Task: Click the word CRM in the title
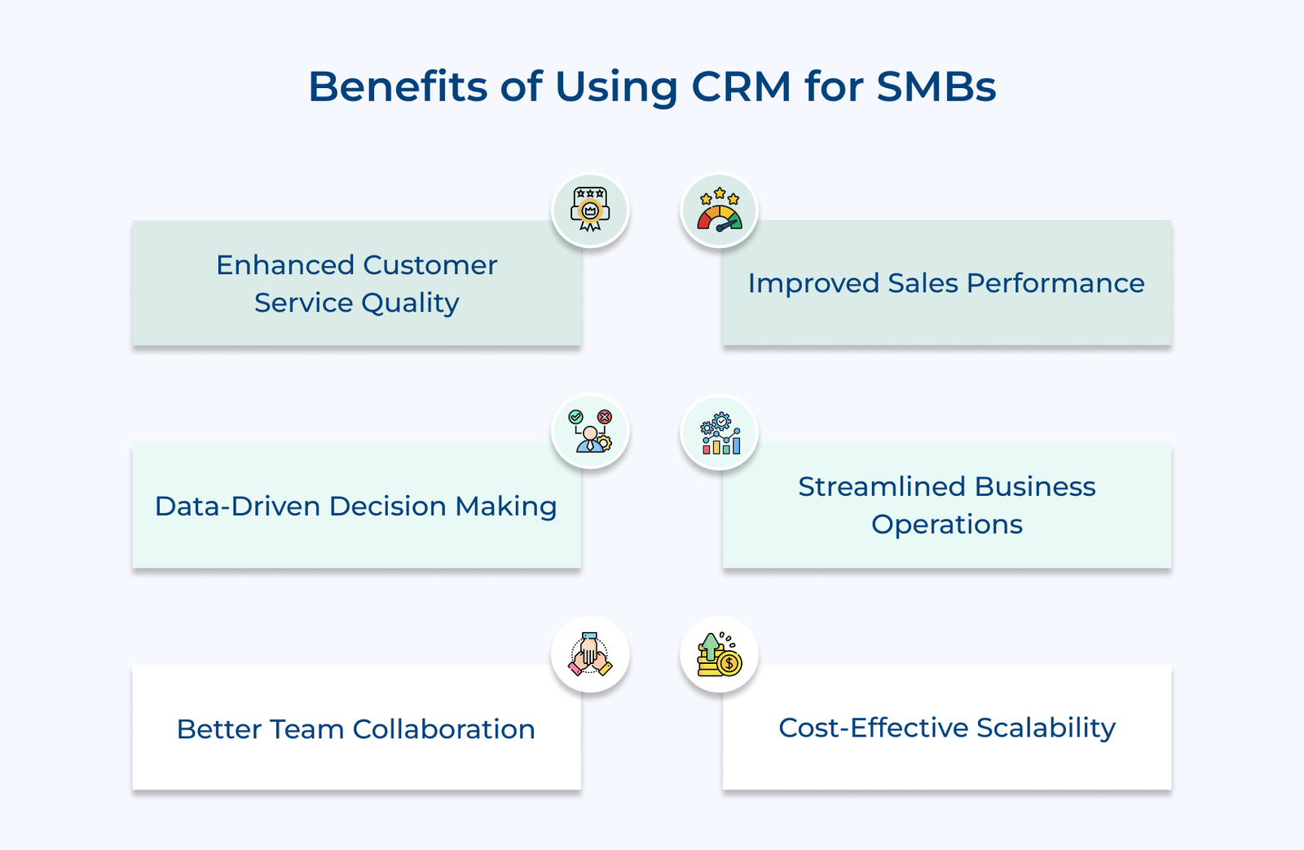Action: [741, 86]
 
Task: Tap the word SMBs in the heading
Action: [936, 86]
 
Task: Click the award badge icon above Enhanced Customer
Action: [590, 210]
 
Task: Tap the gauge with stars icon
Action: [719, 210]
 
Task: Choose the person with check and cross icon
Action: [590, 432]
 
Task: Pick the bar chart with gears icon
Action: [720, 433]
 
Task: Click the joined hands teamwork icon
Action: [590, 654]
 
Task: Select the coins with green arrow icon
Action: [719, 654]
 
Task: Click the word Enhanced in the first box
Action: [285, 265]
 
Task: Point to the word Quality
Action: [410, 303]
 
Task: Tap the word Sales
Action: [923, 283]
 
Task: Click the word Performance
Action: [1055, 283]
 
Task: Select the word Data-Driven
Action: [237, 507]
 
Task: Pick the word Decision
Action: [388, 507]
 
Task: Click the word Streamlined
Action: [882, 487]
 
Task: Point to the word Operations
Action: [947, 525]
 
